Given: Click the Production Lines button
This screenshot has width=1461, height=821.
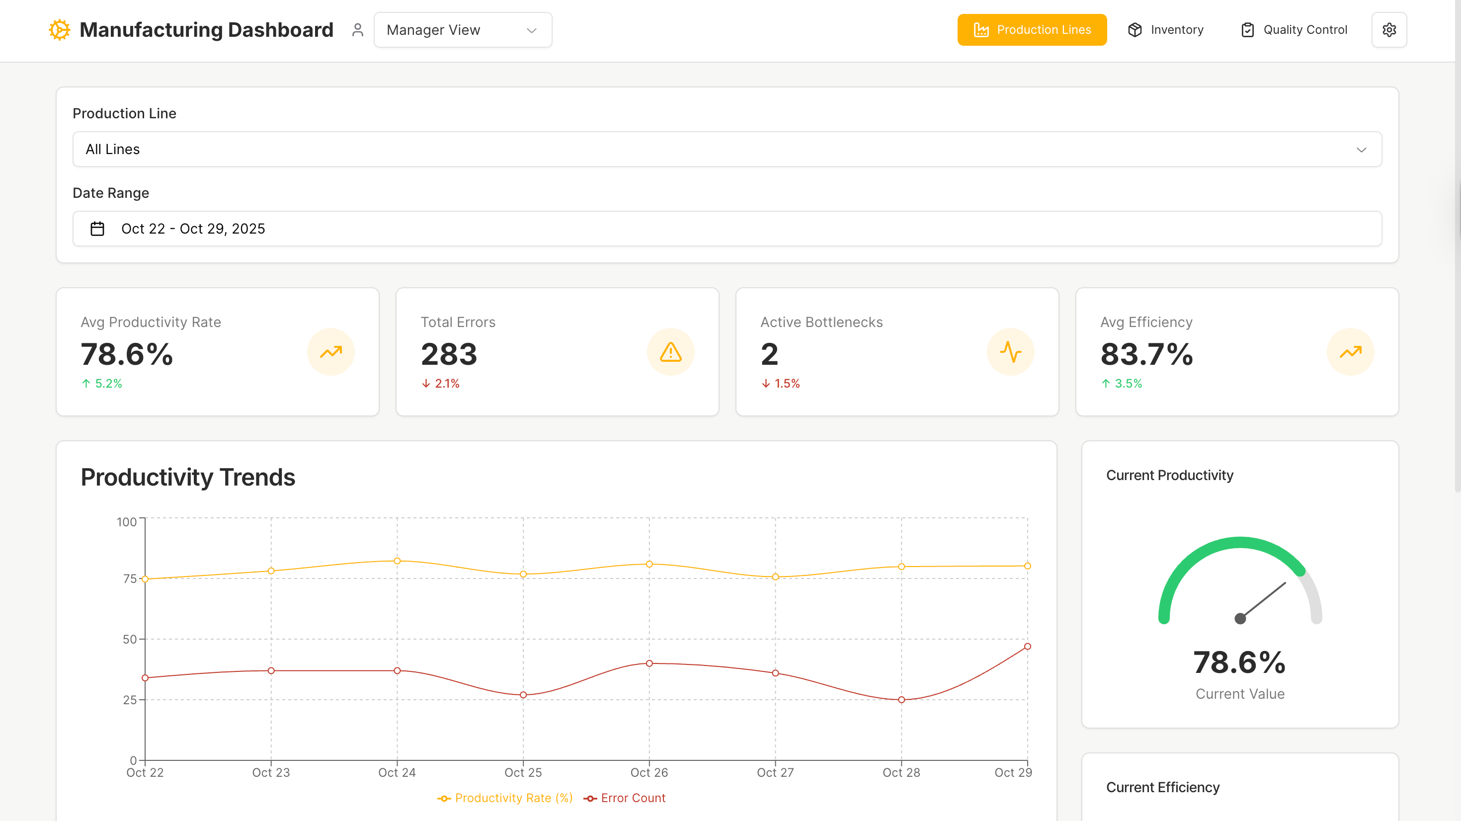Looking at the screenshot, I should (x=1032, y=29).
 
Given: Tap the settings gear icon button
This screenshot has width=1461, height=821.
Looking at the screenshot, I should (x=1388, y=29).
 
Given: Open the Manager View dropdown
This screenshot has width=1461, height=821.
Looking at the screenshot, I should (x=462, y=29).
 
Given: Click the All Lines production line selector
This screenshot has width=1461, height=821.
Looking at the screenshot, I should (x=727, y=149).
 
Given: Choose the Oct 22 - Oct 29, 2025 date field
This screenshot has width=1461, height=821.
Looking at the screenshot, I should (x=727, y=229).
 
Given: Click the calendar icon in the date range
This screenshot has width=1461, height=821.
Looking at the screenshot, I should (x=97, y=229).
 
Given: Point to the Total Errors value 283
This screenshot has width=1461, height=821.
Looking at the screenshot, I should (x=449, y=354).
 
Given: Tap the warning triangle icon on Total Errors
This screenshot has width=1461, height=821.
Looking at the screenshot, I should (x=670, y=352).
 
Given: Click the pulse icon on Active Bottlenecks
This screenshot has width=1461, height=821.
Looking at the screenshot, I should (x=1010, y=352).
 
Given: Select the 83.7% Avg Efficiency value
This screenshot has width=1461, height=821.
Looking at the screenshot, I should (x=1146, y=354).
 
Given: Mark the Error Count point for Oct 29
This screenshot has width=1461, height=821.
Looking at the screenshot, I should (x=1027, y=646).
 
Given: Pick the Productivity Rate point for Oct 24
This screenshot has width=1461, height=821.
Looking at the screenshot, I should (x=397, y=561).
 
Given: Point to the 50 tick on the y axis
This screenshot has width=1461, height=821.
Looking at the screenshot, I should (x=130, y=639).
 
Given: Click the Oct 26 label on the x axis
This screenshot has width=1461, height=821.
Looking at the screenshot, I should (x=649, y=772).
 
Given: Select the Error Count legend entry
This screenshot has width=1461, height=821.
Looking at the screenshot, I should (x=625, y=798).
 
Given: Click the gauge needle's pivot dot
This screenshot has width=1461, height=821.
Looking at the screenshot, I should (x=1240, y=618).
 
